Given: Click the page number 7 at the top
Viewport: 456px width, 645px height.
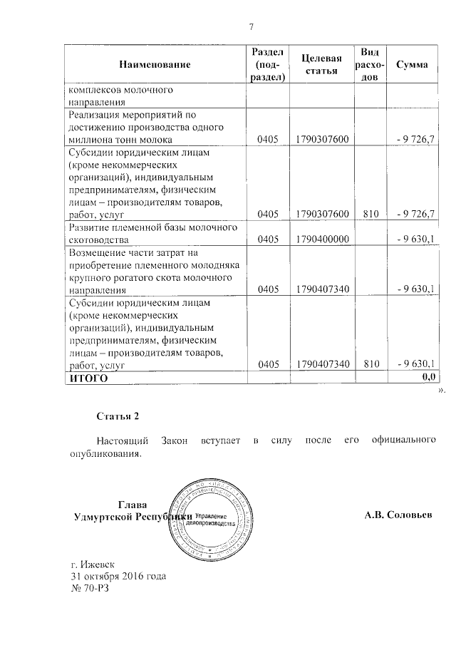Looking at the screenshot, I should click(x=251, y=27).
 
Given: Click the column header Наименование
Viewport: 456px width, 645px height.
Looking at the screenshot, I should click(x=155, y=66).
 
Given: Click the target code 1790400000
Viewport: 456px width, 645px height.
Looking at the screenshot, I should click(x=322, y=239).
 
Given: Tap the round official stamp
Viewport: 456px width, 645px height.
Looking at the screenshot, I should click(x=210, y=519).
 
